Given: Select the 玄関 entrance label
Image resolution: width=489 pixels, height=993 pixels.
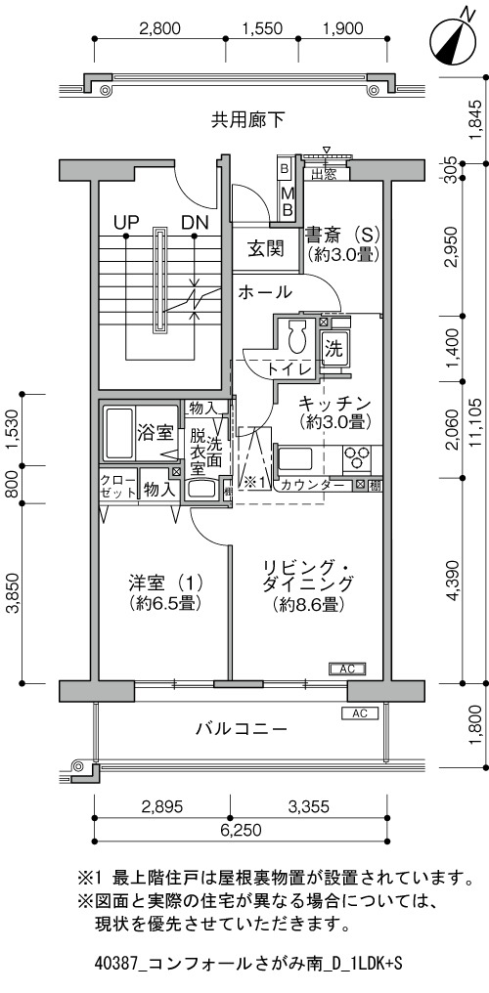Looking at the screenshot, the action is (264, 249).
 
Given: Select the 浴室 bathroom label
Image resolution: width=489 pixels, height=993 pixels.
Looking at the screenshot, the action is (156, 434).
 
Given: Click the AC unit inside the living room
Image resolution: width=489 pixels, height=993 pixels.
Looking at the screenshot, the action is (346, 669).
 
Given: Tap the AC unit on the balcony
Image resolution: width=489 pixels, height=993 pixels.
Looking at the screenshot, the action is (360, 713).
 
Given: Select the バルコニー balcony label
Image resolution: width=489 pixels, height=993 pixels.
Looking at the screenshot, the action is (242, 729).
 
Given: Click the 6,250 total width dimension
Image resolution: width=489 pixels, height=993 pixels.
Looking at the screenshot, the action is (240, 830).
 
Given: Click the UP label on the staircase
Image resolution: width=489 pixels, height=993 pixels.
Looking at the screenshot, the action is (126, 222).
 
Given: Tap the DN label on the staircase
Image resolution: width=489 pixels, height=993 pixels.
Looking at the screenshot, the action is (194, 222).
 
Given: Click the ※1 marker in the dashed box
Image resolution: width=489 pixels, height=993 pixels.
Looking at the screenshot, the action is (256, 482).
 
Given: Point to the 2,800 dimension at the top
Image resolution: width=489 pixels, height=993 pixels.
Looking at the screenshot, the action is (160, 28).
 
